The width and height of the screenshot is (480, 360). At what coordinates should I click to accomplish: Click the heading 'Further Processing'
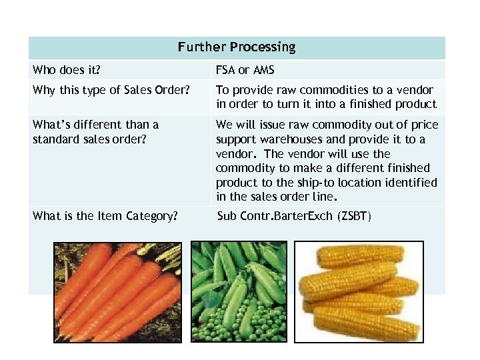click(236, 47)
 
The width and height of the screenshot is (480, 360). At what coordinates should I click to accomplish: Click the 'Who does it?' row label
click(63, 70)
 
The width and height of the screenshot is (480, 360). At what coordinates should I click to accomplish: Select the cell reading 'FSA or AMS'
click(245, 70)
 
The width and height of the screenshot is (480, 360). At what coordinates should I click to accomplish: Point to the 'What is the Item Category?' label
click(105, 216)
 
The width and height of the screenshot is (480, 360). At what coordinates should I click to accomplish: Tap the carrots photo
click(117, 292)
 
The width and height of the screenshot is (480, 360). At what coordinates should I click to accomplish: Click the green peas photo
click(239, 292)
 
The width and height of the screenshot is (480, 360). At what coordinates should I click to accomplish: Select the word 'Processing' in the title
click(262, 47)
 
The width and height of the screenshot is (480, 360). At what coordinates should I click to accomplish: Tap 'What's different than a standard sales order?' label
click(96, 132)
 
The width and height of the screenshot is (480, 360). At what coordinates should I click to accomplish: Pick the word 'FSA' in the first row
click(226, 70)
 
